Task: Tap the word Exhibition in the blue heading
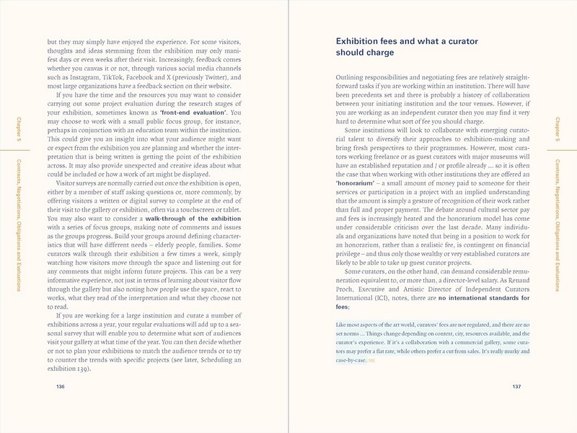(361, 41)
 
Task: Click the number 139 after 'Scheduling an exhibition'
(84, 369)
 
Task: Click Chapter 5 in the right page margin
(560, 126)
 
